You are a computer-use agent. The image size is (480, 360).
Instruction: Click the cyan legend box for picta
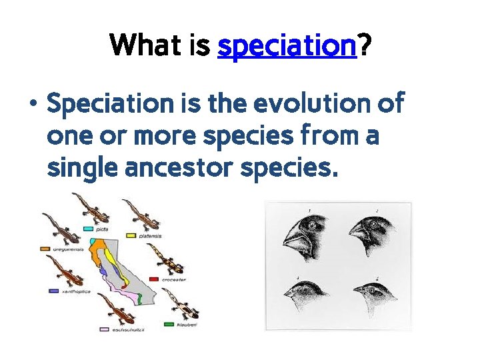coord(88,228)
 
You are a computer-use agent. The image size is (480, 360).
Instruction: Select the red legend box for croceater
coord(154,279)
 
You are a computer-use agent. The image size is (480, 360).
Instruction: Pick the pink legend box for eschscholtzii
coord(104,329)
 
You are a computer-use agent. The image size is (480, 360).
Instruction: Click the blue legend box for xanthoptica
coord(54,291)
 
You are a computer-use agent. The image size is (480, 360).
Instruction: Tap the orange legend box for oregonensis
coord(45,249)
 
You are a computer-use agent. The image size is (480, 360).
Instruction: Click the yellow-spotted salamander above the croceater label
coord(163,257)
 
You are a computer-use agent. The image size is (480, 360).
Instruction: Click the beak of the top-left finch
coord(293,237)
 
